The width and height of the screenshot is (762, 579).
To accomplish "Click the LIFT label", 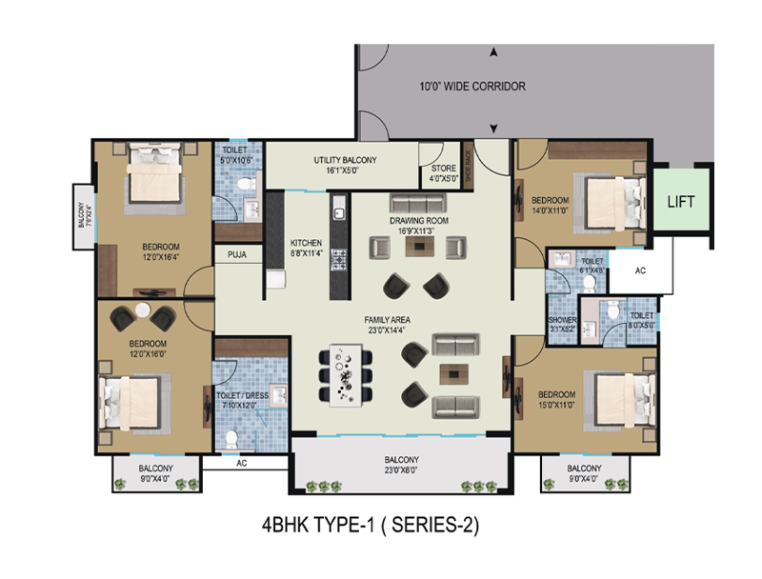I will point(679,202).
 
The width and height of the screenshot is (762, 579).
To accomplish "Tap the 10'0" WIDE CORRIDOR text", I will point(472,87).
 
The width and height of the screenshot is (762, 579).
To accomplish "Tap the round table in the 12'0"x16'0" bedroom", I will point(143,312).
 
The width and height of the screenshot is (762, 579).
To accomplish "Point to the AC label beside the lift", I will point(640,270).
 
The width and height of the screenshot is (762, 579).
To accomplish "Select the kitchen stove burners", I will point(337,256).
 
